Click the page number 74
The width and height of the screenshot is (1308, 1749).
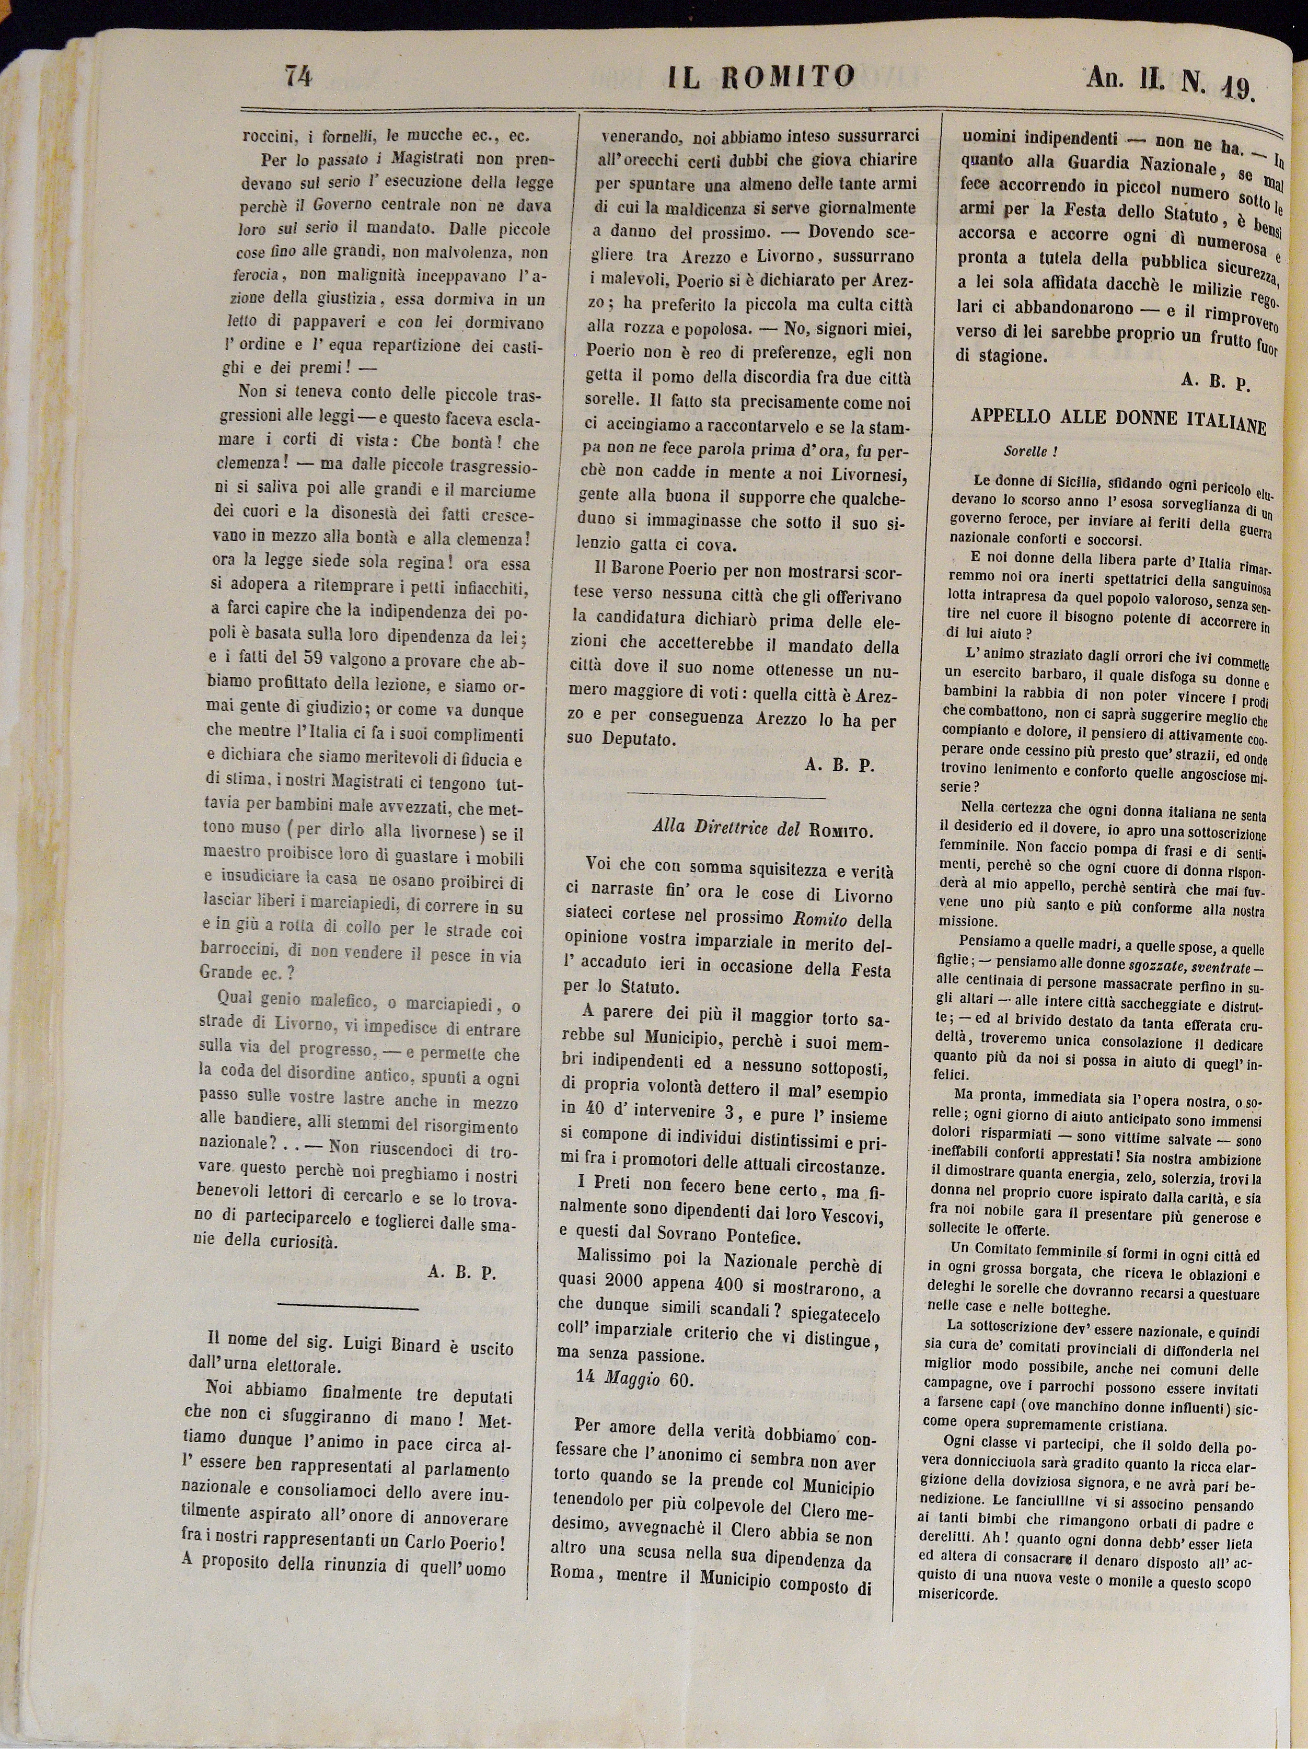coord(300,77)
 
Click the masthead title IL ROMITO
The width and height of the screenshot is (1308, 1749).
coord(761,77)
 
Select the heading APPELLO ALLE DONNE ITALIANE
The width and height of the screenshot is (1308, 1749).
coord(1118,421)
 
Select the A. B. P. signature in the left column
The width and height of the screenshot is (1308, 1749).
coord(461,1273)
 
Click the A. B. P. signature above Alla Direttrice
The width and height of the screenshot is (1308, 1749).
coord(839,766)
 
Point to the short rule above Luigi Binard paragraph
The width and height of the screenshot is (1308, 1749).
coord(348,1307)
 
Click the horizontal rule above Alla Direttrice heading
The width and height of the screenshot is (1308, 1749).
coord(725,796)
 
